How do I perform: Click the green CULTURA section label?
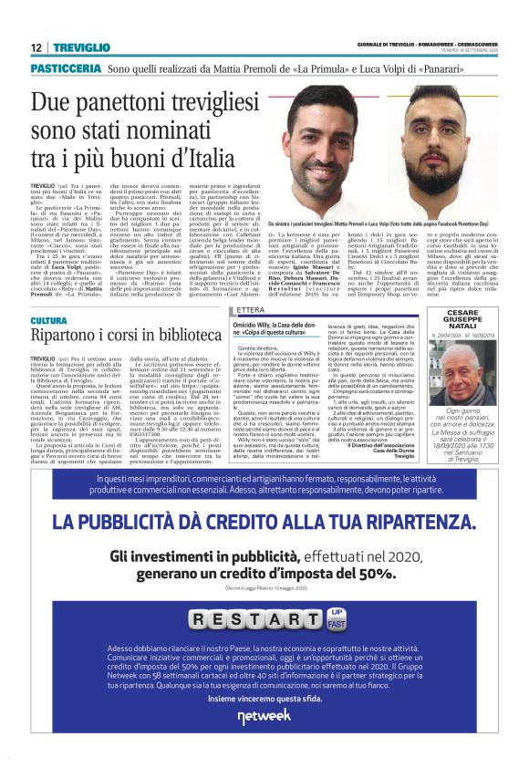(48, 321)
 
